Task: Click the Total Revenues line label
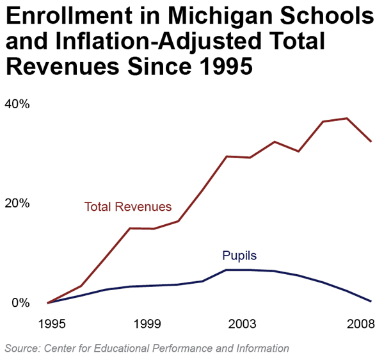click(x=128, y=207)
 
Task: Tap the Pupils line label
click(x=239, y=256)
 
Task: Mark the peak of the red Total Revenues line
click(x=347, y=119)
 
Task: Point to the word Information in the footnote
click(x=261, y=348)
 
